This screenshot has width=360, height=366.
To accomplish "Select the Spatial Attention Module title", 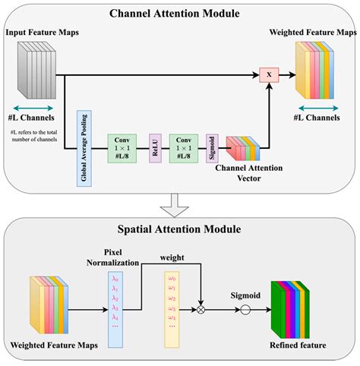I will coord(180,228).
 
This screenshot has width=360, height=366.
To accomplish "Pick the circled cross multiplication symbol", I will coord(201,310).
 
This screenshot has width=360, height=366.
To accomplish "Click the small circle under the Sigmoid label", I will coord(245,310).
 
